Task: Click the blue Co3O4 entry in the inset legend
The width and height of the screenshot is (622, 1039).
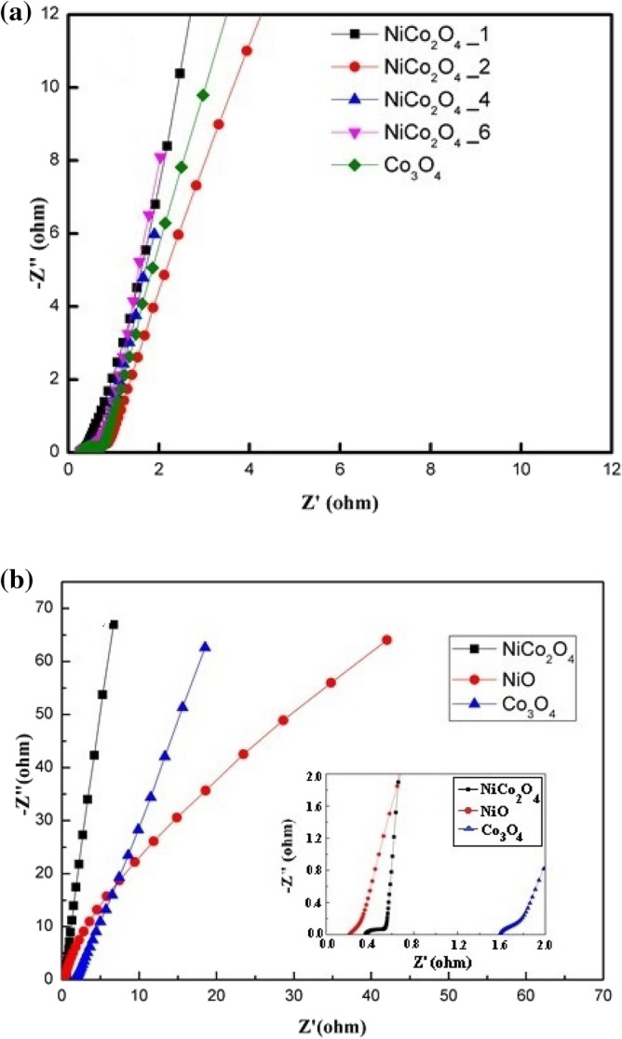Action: [x=493, y=839]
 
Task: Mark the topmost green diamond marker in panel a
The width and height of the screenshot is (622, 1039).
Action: [x=203, y=95]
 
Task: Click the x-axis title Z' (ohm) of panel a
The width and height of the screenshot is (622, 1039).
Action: [x=340, y=503]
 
